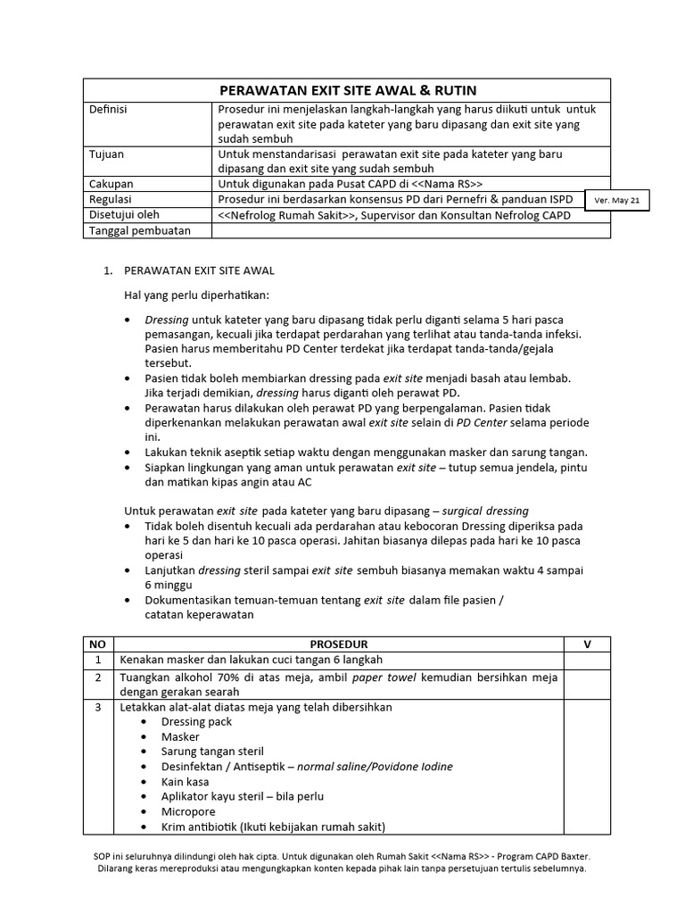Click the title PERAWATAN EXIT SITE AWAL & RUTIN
348,90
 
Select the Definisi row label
109,109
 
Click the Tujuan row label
107,154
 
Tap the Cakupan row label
111,184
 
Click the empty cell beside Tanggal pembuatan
410,231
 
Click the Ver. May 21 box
617,201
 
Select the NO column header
97,644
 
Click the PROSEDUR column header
338,644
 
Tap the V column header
587,644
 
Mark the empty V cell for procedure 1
587,660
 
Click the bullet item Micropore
187,810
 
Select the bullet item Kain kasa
186,781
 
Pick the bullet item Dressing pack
195,721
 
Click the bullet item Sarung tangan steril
212,752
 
